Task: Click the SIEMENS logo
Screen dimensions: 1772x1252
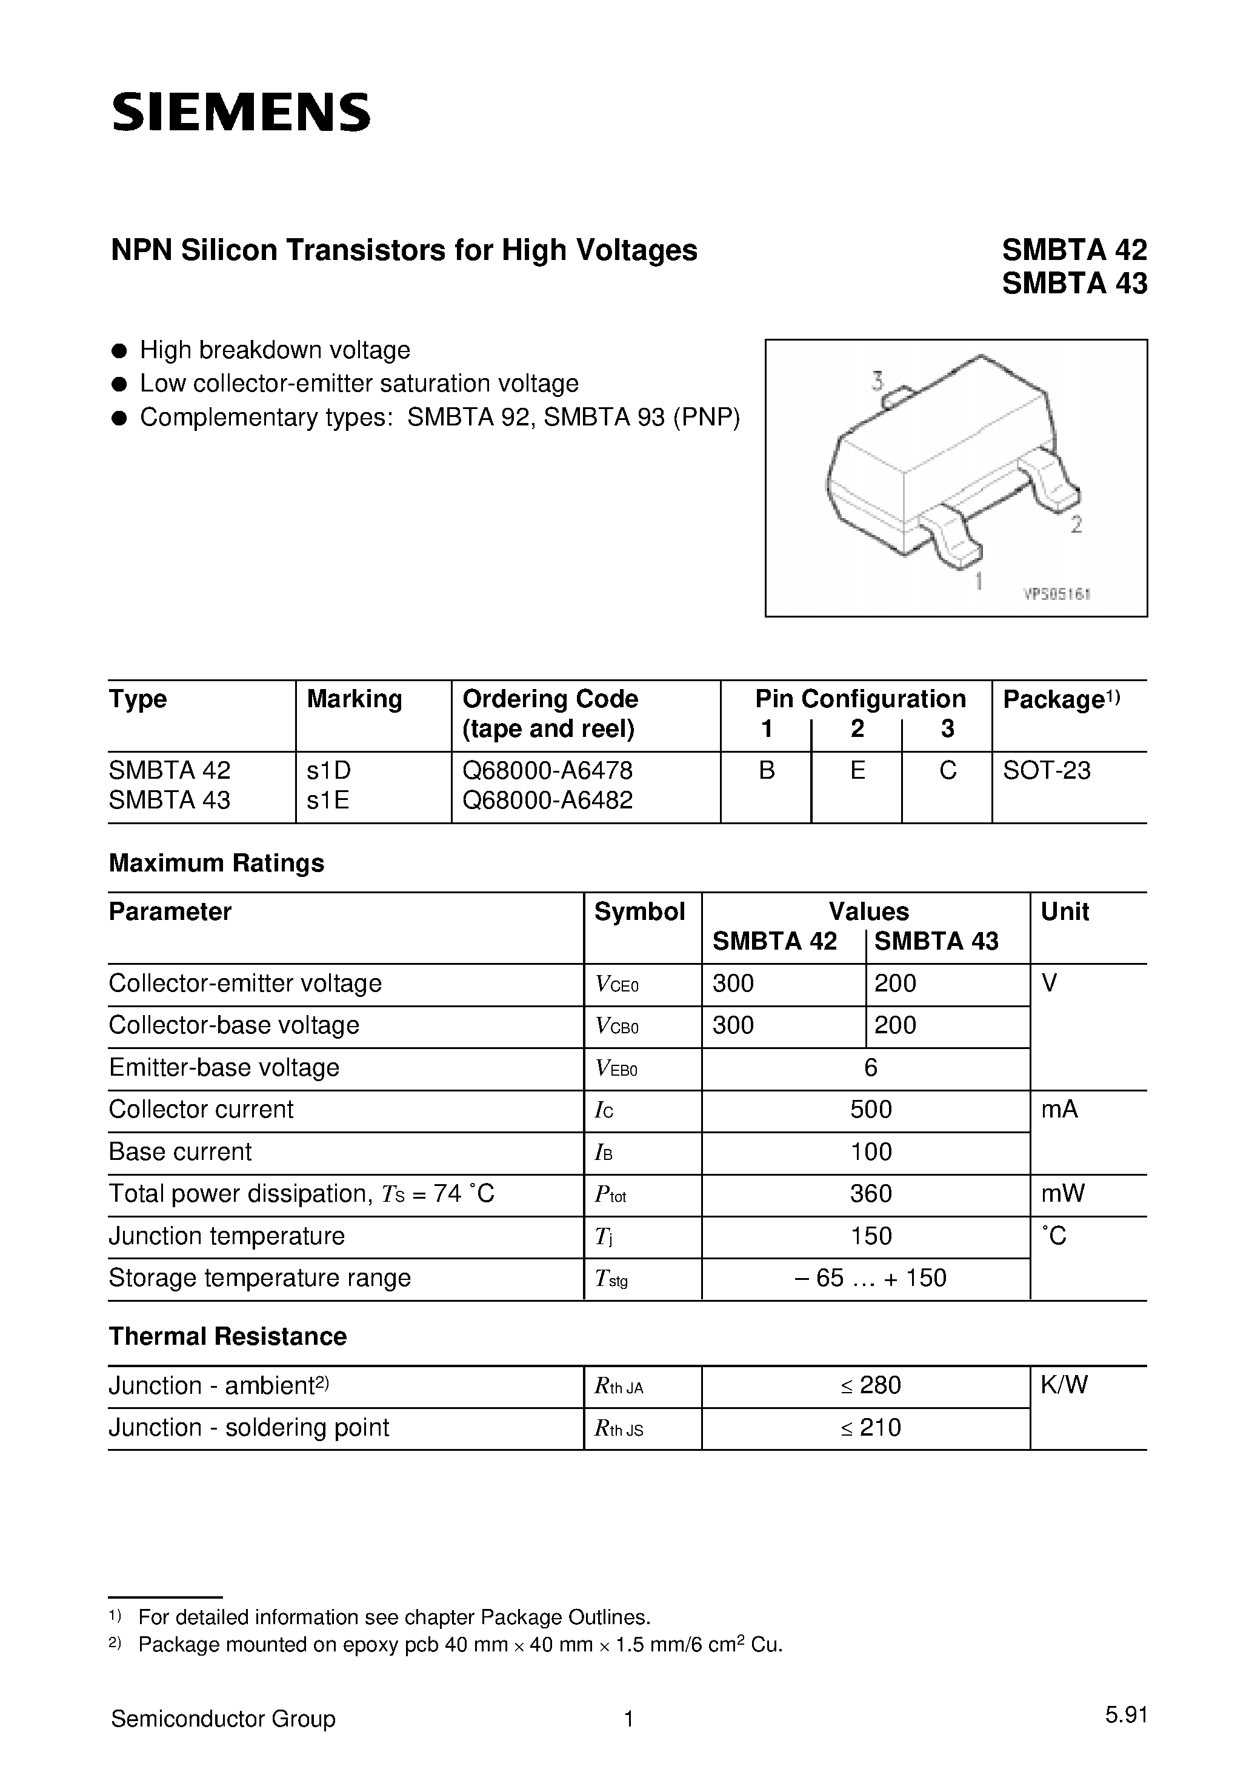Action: pyautogui.click(x=241, y=113)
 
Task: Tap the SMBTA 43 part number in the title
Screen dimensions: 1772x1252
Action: pyautogui.click(x=1074, y=284)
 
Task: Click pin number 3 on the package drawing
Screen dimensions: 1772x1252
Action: pyautogui.click(x=877, y=381)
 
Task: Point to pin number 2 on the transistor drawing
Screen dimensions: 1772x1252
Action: pyautogui.click(x=1076, y=525)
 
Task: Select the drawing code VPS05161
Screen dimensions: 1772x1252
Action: pyautogui.click(x=1056, y=595)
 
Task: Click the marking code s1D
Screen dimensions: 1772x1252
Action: pyautogui.click(x=329, y=770)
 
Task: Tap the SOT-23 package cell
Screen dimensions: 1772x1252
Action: pyautogui.click(x=1047, y=770)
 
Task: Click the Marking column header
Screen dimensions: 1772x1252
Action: pyautogui.click(x=355, y=699)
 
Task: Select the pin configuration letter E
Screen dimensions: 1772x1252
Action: pyautogui.click(x=857, y=770)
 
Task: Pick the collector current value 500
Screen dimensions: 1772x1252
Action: pyautogui.click(x=870, y=1110)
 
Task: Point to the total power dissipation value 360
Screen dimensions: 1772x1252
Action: pyautogui.click(x=870, y=1194)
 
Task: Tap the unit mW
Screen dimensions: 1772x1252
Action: pyautogui.click(x=1062, y=1194)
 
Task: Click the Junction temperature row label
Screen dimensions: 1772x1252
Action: pyautogui.click(x=226, y=1236)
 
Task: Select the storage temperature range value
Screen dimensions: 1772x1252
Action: pyautogui.click(x=870, y=1278)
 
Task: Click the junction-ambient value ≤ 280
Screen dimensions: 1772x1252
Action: pyautogui.click(x=870, y=1385)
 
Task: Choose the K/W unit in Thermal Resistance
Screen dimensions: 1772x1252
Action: pyautogui.click(x=1064, y=1385)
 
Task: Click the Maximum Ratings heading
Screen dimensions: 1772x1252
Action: pyautogui.click(x=216, y=863)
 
